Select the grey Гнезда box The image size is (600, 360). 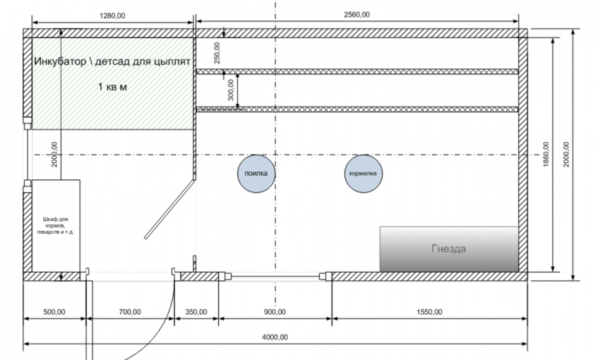coord(449,249)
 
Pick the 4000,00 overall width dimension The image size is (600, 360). coord(274,337)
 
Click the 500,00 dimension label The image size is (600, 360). coord(54,311)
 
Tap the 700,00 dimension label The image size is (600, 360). coord(130,311)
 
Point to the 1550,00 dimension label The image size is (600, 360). coord(429,311)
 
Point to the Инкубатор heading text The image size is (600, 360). coord(112,61)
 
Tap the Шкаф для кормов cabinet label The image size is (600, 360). coord(54,226)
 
